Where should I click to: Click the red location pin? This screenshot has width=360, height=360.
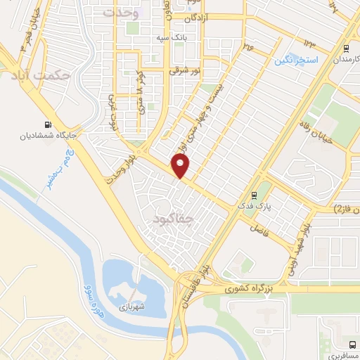[x=181, y=166]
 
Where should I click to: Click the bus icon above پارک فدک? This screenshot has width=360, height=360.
[x=254, y=195]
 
